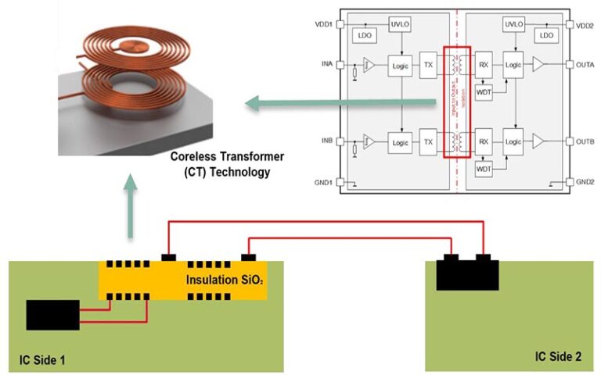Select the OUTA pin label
(586, 66)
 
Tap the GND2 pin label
(585, 182)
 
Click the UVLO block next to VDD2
(514, 25)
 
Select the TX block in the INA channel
(428, 66)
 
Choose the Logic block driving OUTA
(513, 66)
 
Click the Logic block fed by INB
(400, 142)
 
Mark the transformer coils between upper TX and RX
(456, 66)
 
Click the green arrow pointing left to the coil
(336, 102)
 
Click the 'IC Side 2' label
(558, 356)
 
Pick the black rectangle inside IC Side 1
(52, 314)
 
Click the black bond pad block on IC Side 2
(467, 272)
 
